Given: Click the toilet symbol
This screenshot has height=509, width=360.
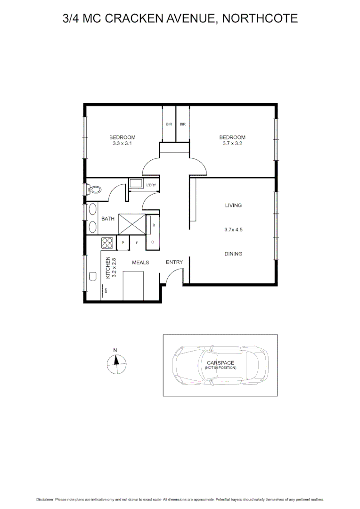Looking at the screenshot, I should tap(95, 189).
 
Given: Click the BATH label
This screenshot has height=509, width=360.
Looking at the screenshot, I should tap(108, 219).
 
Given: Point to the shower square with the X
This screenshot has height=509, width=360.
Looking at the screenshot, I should tap(132, 224).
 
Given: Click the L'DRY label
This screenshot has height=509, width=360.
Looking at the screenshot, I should tap(151, 185).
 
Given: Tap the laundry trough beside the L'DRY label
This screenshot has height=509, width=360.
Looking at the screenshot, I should tap(136, 184).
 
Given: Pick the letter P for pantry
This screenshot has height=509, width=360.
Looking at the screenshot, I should tap(123, 243).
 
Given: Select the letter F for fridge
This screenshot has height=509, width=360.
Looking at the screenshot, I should tap(137, 243).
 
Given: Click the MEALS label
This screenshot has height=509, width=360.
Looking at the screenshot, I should tap(140, 263).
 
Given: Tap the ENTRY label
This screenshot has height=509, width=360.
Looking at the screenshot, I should tap(174, 262).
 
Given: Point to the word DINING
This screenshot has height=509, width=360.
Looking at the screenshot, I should tap(233, 254).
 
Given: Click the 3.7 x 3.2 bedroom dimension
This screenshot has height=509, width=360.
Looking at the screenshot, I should tap(232, 144).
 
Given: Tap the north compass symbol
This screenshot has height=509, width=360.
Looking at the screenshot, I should tap(115, 363).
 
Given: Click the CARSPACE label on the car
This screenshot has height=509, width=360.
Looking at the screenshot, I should tap(220, 363).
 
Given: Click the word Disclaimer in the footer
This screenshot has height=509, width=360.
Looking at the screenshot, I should tap(45, 500).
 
